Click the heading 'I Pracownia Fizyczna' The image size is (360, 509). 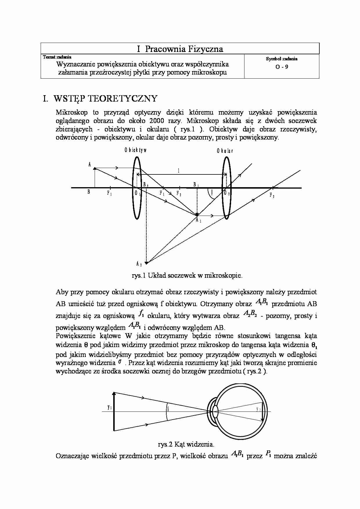(180, 49)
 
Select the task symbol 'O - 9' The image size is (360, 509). (282, 67)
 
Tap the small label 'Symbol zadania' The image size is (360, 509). (282, 59)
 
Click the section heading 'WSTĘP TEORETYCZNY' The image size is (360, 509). (105, 99)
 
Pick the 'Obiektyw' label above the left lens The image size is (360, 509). (136, 150)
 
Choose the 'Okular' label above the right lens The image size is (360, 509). (225, 151)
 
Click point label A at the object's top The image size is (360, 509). (90, 165)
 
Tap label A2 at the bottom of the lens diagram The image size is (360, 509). (139, 264)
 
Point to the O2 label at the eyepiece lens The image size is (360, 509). (227, 194)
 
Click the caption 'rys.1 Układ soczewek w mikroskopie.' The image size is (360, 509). (187, 275)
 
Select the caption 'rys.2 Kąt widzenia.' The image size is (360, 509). (186, 444)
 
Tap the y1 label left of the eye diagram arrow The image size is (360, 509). (109, 407)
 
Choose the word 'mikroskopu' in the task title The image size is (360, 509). (209, 73)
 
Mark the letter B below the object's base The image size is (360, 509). (89, 192)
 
